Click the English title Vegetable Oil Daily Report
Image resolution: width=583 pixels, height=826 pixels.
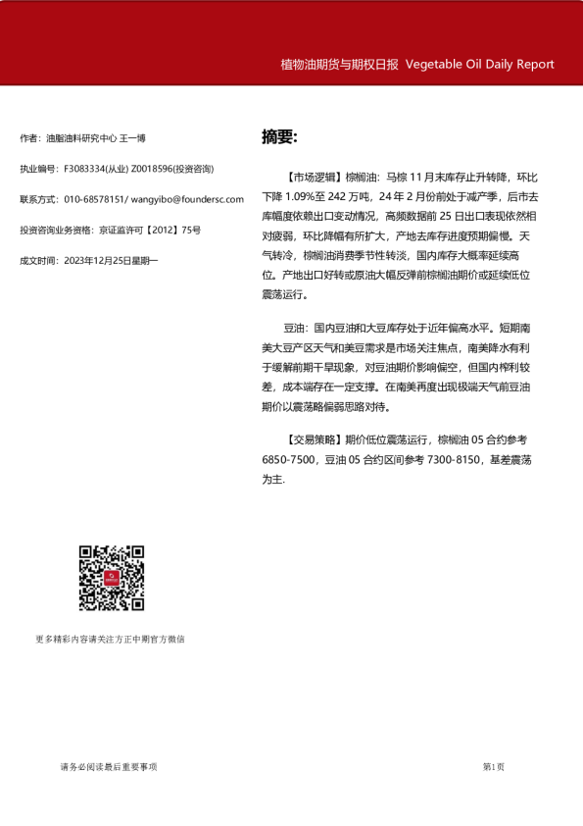[479, 65]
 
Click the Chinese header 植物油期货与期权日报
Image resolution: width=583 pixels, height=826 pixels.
[339, 65]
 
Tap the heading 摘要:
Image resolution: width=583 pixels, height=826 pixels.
[279, 136]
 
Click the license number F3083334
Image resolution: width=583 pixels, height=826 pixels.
[85, 169]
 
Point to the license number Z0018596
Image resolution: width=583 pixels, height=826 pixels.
[152, 169]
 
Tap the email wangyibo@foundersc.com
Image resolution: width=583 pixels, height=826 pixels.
[186, 199]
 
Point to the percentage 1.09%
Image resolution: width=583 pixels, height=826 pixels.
[315, 197]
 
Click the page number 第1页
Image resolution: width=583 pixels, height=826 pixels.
[494, 766]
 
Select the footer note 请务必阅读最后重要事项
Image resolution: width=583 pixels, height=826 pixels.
[108, 766]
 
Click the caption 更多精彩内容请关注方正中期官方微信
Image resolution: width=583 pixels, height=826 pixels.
[110, 639]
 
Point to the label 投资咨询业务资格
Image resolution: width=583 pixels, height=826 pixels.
[56, 230]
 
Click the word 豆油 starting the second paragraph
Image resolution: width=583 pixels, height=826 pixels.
[293, 327]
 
